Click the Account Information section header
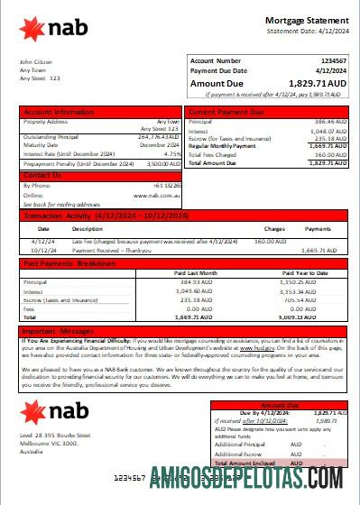pyautogui.click(x=58, y=113)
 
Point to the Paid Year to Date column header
pyautogui.click(x=305, y=271)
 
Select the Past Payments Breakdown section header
pyautogui.click(x=69, y=263)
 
